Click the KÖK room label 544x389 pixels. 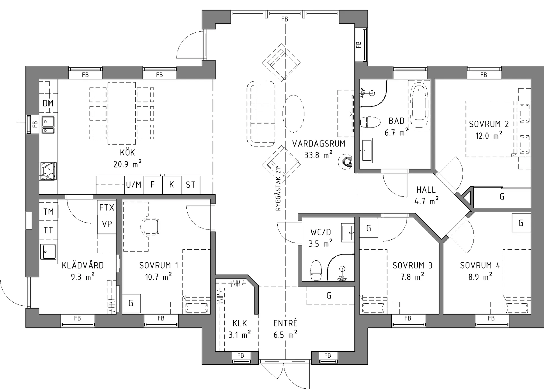[x=127, y=152]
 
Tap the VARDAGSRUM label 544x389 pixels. [x=319, y=144]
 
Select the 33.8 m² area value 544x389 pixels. [x=318, y=155]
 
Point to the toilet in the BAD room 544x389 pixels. [x=370, y=122]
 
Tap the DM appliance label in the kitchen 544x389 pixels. [x=48, y=103]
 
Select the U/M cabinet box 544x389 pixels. [x=134, y=185]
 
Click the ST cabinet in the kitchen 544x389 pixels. [x=191, y=185]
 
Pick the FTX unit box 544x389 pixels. [x=107, y=208]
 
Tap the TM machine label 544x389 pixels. [x=48, y=211]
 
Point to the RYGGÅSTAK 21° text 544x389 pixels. [x=278, y=188]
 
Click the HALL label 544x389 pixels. [x=426, y=190]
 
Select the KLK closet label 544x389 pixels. [x=240, y=323]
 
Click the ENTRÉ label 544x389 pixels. [x=285, y=323]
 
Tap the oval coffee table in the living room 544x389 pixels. [x=293, y=114]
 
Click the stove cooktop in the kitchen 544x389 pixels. [x=48, y=171]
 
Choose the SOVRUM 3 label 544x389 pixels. [x=412, y=265]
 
